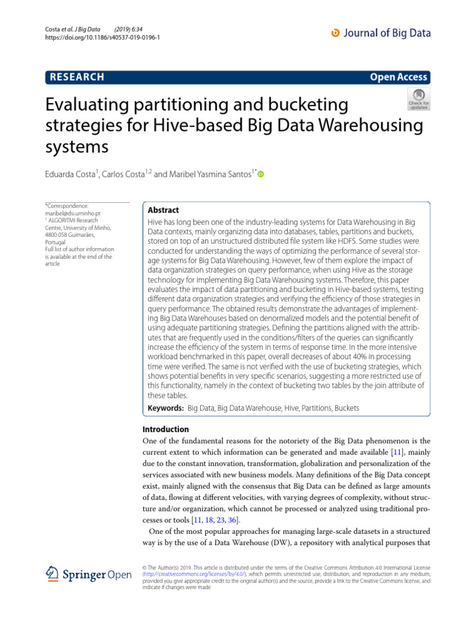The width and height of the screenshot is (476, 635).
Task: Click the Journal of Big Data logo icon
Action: point(337,33)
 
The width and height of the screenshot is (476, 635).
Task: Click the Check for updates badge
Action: point(418,98)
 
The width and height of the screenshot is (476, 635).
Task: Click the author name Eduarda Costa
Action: point(73,175)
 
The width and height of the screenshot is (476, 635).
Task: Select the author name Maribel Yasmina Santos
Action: point(208,175)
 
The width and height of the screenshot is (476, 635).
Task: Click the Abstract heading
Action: point(164,210)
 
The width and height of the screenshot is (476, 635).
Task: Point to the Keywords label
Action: point(165,409)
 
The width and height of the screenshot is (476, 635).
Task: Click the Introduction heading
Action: point(165,429)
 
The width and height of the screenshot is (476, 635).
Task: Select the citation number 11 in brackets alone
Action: point(400,453)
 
